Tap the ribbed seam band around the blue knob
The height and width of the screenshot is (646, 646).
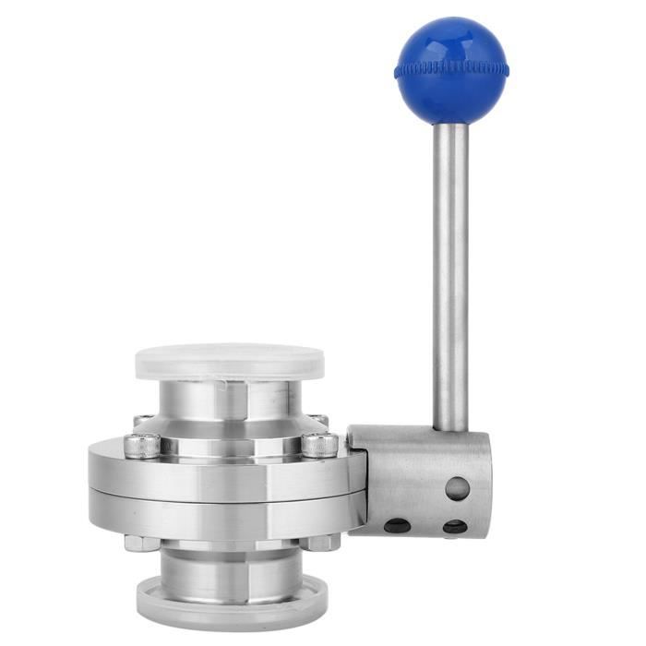tap(450, 68)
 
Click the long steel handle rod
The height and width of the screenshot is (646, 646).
tap(450, 277)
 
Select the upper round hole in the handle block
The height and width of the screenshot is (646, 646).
tap(457, 488)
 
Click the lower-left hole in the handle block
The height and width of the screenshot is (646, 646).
tap(397, 525)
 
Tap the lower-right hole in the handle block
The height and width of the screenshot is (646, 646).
tap(454, 527)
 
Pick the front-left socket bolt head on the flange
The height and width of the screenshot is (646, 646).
tap(142, 446)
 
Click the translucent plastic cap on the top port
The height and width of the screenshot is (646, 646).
tap(230, 362)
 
